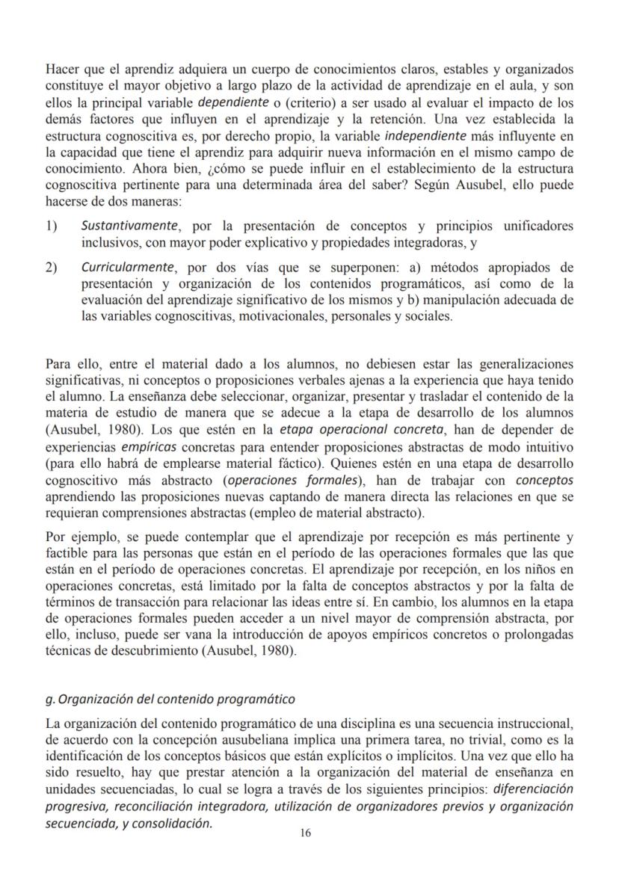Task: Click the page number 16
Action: click(x=305, y=834)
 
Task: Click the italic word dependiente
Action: click(x=233, y=102)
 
